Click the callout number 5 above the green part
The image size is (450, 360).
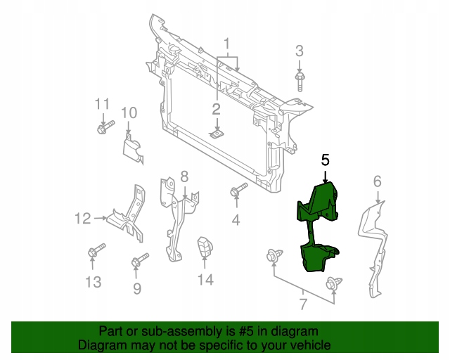(325, 160)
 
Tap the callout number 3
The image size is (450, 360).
(300, 51)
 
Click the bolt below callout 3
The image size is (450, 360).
(300, 79)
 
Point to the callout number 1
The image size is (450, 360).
(226, 27)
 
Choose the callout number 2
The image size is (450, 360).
(217, 108)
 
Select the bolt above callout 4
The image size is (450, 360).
(239, 191)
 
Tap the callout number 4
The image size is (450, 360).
(236, 220)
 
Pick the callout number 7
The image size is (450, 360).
(303, 305)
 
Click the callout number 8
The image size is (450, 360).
(184, 176)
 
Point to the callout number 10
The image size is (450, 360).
(128, 112)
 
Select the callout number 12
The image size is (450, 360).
(83, 219)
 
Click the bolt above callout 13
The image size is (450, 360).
(95, 252)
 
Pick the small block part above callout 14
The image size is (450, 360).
(205, 247)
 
